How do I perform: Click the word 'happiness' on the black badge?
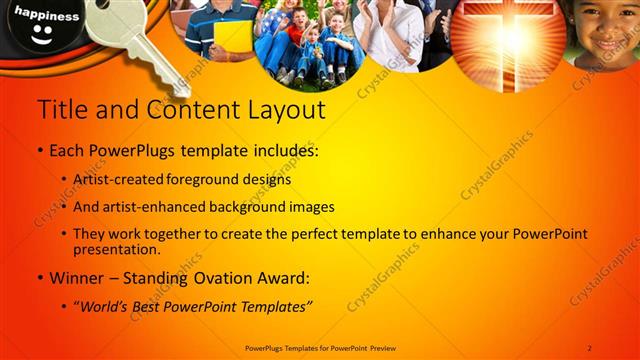pyautogui.click(x=46, y=17)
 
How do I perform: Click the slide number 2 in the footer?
pyautogui.click(x=589, y=347)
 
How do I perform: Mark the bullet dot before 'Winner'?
pyautogui.click(x=39, y=277)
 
